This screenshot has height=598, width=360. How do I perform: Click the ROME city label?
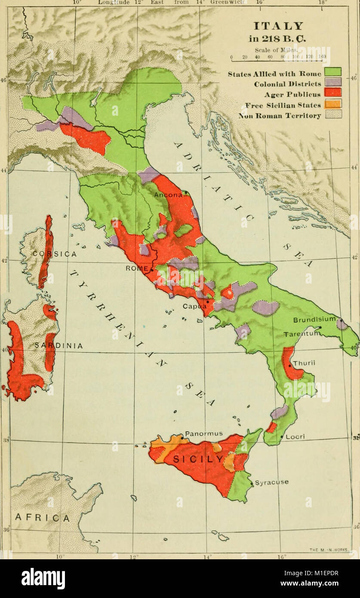(136, 268)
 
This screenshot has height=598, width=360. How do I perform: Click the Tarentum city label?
(301, 334)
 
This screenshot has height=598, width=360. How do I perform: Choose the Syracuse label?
(271, 482)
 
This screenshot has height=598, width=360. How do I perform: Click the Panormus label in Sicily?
(204, 433)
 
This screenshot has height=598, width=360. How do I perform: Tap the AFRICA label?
(42, 518)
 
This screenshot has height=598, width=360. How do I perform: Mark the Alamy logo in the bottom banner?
(43, 579)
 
